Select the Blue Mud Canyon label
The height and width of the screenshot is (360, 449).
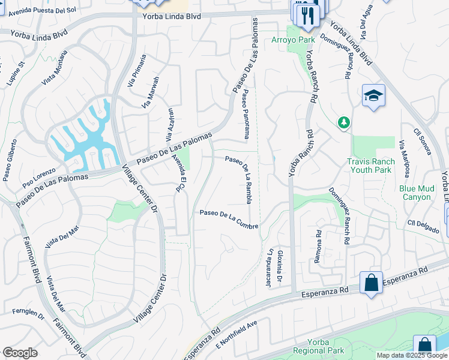(415, 193)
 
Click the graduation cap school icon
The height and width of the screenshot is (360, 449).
(373, 96)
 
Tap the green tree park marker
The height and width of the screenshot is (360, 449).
(344, 122)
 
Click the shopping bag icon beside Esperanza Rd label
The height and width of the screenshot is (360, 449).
(371, 283)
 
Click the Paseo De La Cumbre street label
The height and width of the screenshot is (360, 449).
(229, 219)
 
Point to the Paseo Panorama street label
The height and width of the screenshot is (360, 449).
(246, 114)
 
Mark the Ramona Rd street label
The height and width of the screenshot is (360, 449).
(318, 248)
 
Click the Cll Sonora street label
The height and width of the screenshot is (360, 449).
(423, 140)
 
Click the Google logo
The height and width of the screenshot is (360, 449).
(20, 353)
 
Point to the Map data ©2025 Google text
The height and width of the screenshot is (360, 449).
(412, 355)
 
